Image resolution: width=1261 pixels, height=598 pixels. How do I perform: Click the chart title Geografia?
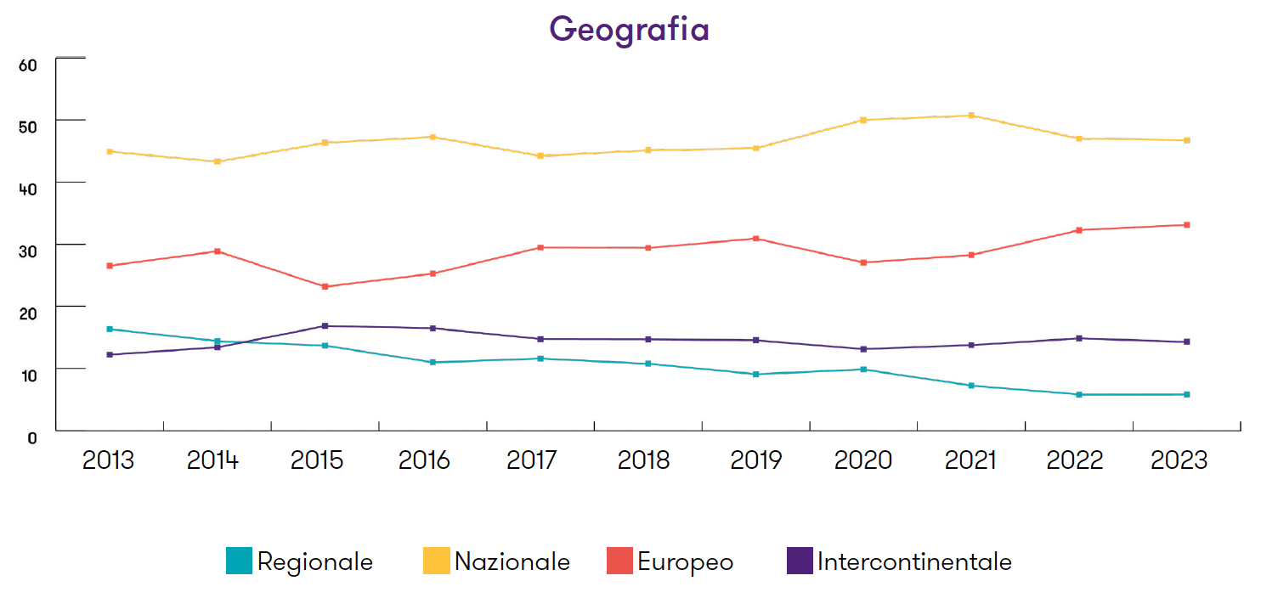(629, 29)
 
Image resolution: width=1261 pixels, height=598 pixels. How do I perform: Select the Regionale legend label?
(314, 561)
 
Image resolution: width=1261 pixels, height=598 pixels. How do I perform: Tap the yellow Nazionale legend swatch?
(436, 561)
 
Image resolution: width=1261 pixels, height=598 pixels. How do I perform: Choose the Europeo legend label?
(685, 561)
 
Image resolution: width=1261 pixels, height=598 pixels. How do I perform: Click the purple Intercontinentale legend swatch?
(800, 561)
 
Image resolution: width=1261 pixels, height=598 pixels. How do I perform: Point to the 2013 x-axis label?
(108, 460)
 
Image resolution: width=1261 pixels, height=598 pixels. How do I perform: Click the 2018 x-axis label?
(643, 460)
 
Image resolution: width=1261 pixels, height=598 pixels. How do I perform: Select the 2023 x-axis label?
(1179, 460)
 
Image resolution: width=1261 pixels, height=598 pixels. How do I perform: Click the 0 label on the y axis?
(32, 437)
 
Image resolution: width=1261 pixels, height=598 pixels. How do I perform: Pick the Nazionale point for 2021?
(971, 116)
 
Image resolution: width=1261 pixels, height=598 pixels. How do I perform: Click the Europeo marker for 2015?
(325, 286)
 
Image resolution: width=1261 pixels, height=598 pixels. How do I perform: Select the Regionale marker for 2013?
(110, 329)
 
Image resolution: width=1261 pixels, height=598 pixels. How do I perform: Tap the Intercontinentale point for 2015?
(325, 326)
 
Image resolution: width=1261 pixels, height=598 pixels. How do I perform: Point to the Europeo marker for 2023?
(1186, 225)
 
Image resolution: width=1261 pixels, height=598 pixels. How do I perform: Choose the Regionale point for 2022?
(1079, 394)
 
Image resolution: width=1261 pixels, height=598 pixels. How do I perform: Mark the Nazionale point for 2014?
(218, 161)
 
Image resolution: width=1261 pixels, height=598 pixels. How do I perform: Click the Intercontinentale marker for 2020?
(863, 349)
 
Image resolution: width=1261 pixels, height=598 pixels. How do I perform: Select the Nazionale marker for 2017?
(540, 155)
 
